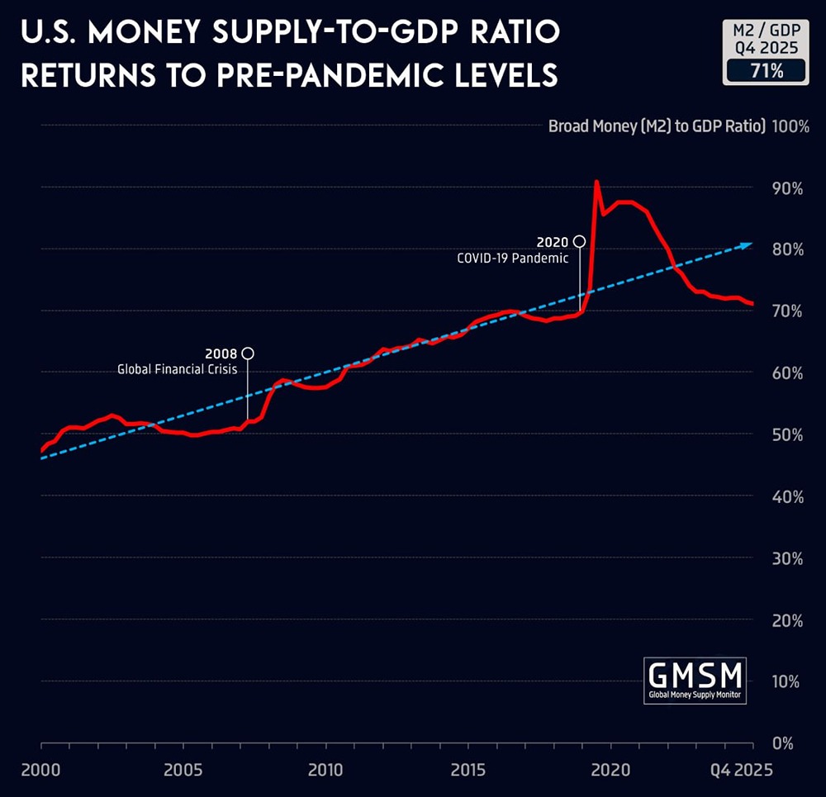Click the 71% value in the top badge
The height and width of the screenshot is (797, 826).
point(765,70)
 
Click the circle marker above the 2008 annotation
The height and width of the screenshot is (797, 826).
point(248,353)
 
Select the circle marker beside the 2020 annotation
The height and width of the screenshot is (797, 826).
point(580,241)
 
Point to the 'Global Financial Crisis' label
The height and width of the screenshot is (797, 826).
point(178,370)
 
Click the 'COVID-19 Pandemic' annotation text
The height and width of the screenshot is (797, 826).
point(513,258)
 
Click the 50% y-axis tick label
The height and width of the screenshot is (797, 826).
point(787,434)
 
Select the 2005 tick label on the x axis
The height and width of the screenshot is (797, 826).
point(183,770)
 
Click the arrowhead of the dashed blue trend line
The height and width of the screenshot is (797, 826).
point(748,244)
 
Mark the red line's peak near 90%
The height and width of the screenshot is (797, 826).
point(596,182)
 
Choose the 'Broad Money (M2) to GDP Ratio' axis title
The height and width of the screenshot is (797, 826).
point(657,126)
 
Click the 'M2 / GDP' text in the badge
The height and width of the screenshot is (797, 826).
point(765,31)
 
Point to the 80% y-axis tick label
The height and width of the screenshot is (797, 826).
point(787,249)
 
